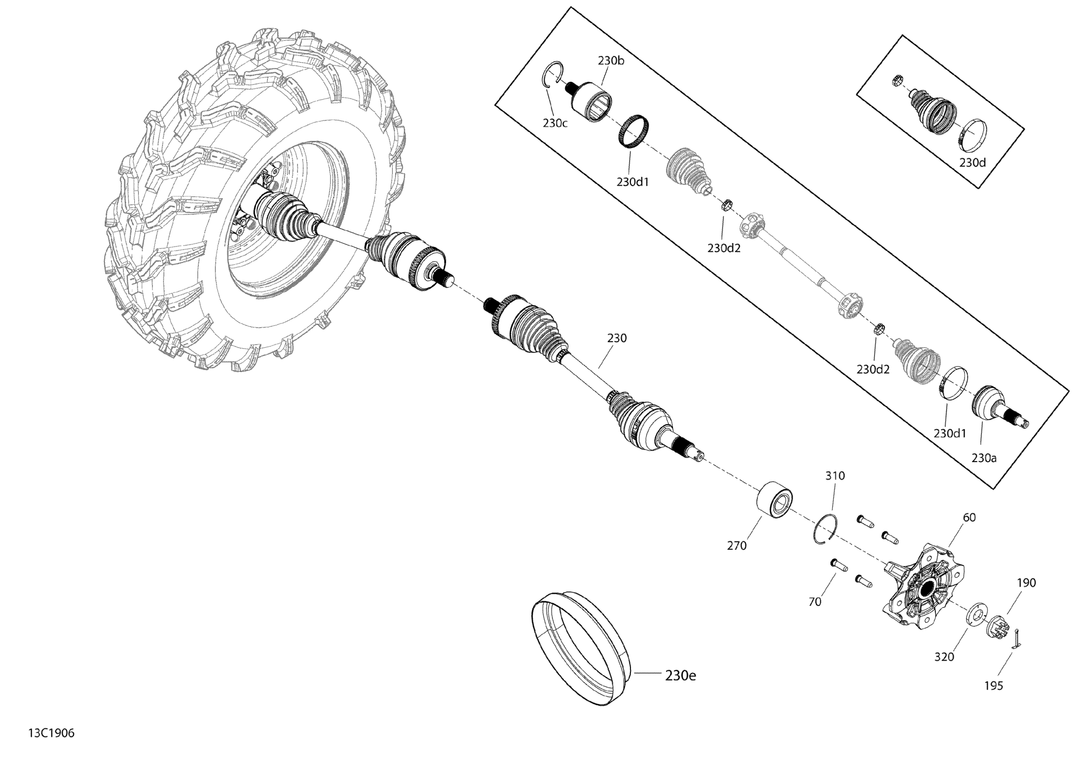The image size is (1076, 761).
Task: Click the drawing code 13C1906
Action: pyautogui.click(x=51, y=733)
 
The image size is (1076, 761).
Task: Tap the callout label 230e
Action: pyautogui.click(x=681, y=675)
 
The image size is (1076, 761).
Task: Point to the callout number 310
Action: pyautogui.click(x=835, y=475)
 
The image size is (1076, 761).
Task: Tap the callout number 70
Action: pyautogui.click(x=815, y=602)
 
